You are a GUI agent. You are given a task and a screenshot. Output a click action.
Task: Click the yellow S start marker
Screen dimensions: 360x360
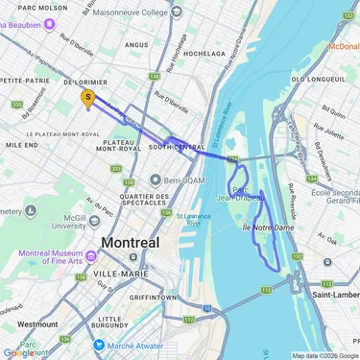point(89,98)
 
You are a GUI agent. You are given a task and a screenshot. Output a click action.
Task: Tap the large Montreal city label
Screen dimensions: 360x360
point(131,243)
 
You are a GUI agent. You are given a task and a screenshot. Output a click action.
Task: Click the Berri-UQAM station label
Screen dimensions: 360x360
point(180,180)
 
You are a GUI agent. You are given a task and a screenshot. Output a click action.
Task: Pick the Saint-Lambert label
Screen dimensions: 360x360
point(330,295)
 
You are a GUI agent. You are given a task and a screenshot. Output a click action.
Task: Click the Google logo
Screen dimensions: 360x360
point(18,352)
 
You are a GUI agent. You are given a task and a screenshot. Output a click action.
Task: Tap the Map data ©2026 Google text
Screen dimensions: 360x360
point(324,355)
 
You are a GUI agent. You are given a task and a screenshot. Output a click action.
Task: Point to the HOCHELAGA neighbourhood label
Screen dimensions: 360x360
point(204,54)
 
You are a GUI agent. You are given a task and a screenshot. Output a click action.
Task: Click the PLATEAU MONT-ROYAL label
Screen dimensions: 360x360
point(118,144)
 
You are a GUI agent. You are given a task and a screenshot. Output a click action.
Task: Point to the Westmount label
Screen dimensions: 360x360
point(37,324)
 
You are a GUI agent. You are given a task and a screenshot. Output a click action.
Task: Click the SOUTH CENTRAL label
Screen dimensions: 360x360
point(177,147)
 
